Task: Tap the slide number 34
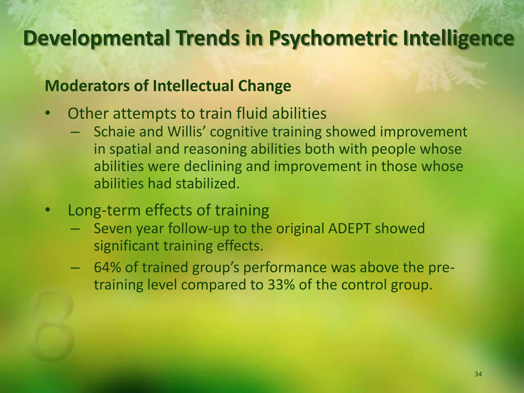[478, 374]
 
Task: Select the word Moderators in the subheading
[87, 86]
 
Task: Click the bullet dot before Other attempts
[47, 113]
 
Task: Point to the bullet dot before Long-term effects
[47, 210]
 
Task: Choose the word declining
[212, 166]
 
